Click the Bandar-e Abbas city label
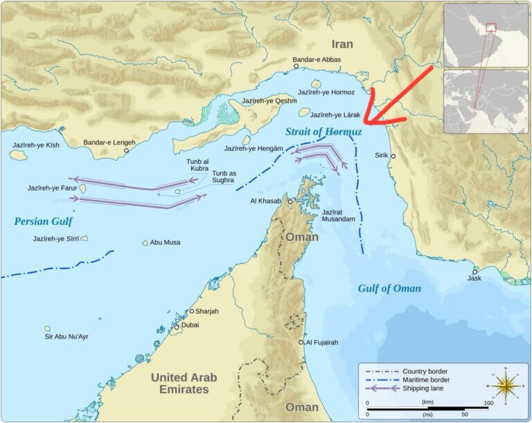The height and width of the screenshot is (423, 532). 317,60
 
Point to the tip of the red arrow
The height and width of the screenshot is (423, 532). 364,125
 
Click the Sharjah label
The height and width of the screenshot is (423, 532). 206,312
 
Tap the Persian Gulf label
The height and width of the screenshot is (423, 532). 43,222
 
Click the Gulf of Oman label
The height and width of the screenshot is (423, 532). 389,288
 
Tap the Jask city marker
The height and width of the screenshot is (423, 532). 475,271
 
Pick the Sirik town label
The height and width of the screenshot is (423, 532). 382,155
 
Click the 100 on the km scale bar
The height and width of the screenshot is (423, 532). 488,402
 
